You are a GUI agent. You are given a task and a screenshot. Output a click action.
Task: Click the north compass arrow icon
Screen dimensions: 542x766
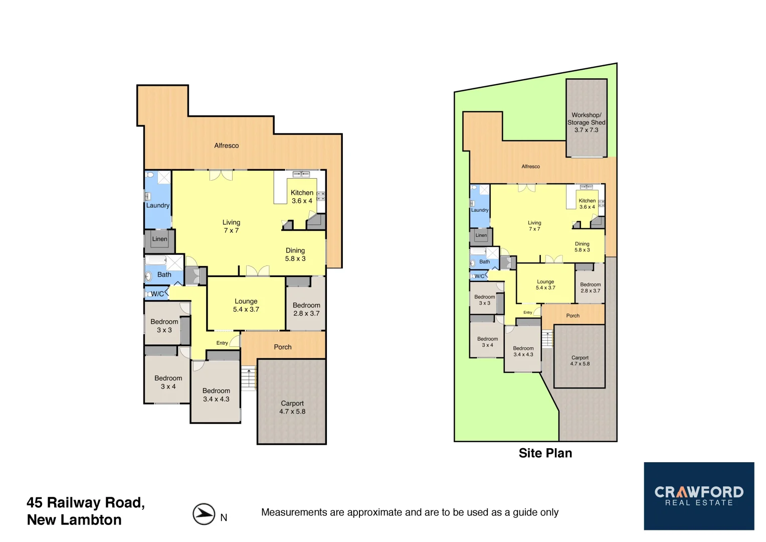(204, 514)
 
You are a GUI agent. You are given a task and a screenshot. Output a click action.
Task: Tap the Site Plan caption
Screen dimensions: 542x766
(545, 453)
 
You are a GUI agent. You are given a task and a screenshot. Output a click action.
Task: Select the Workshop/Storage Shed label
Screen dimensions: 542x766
(586, 122)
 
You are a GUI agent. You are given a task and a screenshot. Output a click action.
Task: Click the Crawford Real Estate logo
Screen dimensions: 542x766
(699, 496)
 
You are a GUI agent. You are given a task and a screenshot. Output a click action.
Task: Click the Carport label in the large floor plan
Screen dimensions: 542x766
(292, 407)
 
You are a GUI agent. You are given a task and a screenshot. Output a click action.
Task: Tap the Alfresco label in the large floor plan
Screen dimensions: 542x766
(227, 146)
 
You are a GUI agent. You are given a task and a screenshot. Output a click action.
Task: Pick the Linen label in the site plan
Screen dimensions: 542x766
(481, 235)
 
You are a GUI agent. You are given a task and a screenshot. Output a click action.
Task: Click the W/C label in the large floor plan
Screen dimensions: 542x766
(157, 294)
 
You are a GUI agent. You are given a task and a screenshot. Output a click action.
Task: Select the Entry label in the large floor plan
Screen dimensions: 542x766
(222, 343)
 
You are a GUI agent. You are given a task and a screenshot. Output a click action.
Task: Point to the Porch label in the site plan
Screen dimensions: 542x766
(572, 316)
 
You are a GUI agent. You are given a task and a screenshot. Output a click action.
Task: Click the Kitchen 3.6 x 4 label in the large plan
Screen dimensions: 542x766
(302, 197)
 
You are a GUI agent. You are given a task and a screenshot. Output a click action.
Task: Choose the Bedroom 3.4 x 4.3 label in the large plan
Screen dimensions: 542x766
(216, 395)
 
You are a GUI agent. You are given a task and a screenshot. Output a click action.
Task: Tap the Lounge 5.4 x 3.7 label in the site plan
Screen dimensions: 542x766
(545, 285)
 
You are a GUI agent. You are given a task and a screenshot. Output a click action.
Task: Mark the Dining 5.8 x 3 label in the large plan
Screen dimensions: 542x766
(295, 254)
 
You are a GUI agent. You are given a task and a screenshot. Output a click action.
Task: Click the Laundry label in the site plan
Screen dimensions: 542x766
(480, 210)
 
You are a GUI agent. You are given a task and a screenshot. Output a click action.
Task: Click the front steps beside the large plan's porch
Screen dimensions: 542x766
(249, 379)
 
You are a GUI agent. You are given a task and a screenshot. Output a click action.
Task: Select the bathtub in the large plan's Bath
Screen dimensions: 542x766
(155, 260)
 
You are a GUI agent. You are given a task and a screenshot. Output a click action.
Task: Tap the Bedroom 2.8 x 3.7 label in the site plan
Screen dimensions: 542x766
(590, 288)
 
